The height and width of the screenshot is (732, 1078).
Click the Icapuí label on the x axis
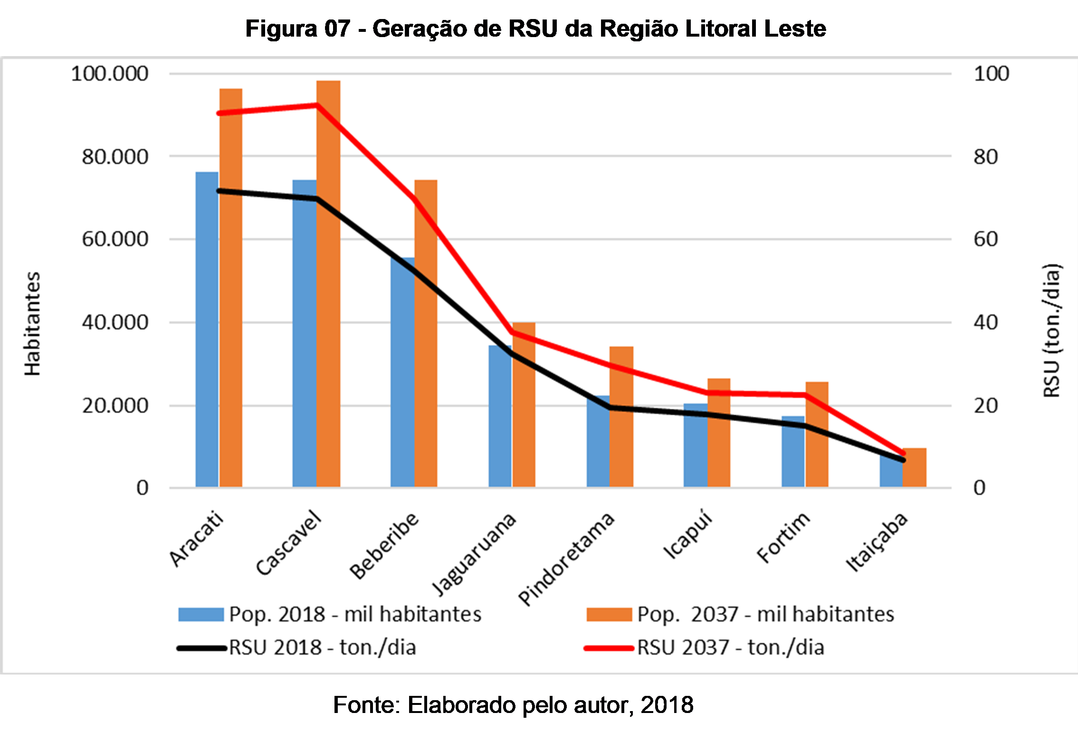coord(688,536)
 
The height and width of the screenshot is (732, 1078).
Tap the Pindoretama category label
coord(566,559)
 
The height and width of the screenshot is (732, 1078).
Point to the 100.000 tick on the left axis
coord(109,74)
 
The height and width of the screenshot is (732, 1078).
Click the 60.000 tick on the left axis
coord(115,239)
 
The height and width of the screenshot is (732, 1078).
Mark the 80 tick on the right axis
coord(985,157)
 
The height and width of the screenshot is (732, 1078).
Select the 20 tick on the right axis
coord(985,406)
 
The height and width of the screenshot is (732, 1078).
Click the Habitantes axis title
coord(32,324)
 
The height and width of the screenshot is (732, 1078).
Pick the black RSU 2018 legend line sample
coord(201,648)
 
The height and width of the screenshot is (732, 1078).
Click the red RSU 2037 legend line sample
coord(609,648)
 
